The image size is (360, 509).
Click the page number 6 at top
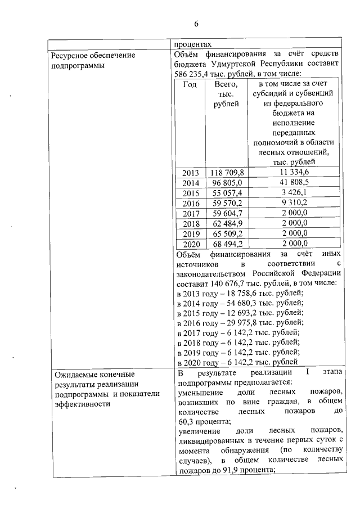196,24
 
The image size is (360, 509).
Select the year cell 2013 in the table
191,172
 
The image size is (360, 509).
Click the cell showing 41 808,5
293,182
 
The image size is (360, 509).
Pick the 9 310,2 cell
293,202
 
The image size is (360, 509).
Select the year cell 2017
191,213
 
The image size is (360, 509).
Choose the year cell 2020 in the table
191,243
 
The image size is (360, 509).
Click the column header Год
190,84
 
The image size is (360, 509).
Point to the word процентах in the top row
193,44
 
